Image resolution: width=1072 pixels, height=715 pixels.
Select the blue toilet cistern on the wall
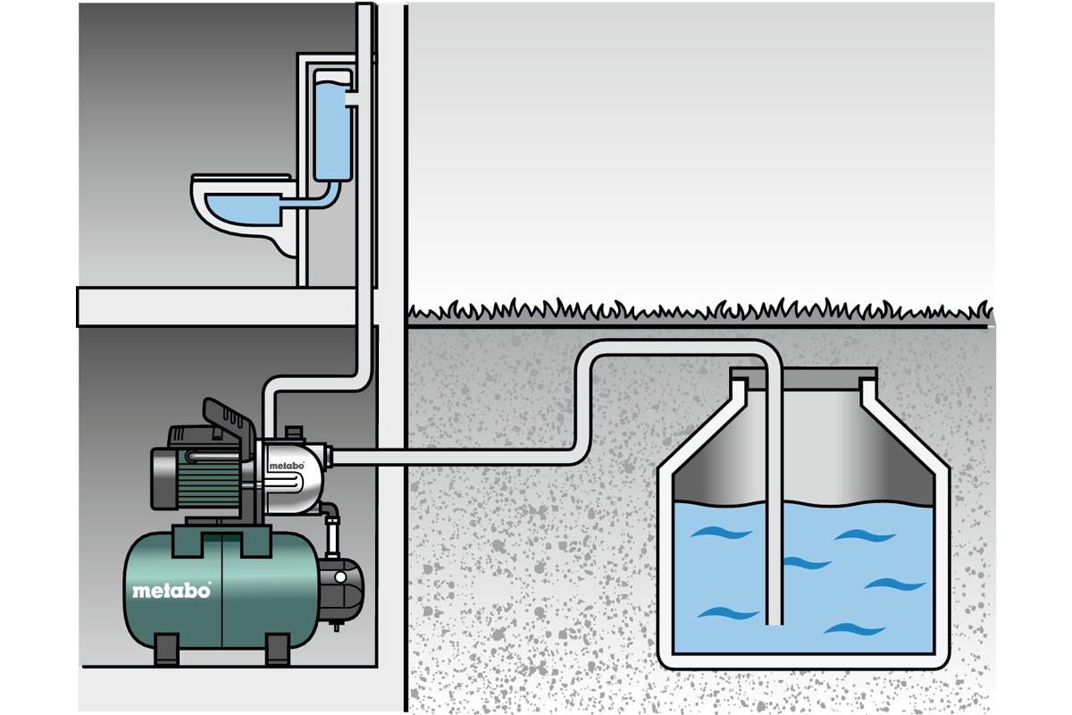point(331,125)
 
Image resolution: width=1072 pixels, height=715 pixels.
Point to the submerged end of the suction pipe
point(775,617)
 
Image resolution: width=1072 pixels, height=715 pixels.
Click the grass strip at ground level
point(697,311)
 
